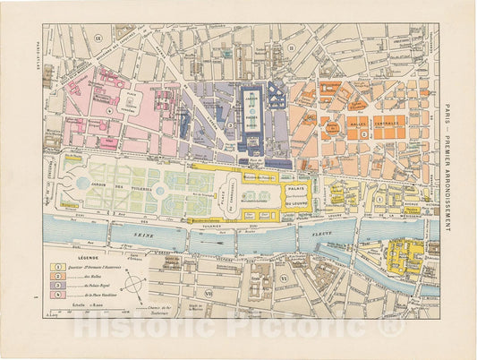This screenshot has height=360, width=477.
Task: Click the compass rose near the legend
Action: point(133,287)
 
